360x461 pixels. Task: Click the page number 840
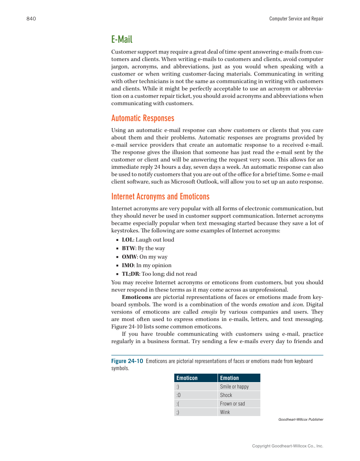tap(31, 19)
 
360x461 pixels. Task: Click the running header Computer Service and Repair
tap(296, 19)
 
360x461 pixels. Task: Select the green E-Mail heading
tap(122, 39)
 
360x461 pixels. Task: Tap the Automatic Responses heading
tap(142, 118)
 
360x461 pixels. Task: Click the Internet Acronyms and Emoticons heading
tap(160, 196)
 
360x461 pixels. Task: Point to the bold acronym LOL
tap(127, 240)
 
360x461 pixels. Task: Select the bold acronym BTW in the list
tap(128, 248)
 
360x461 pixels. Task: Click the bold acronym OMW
tap(129, 257)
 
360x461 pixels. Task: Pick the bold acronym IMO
tap(128, 265)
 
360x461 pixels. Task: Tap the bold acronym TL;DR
tap(131, 274)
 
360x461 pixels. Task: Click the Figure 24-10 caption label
tap(127, 361)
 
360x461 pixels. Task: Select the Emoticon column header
tap(187, 378)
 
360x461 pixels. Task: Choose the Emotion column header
tap(229, 378)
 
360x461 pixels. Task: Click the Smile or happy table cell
tap(234, 386)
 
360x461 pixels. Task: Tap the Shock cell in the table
tap(226, 395)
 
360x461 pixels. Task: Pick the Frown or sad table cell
tap(232, 403)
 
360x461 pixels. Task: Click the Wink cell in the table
tap(225, 412)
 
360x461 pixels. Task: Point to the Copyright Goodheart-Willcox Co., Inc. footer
tap(287, 446)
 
